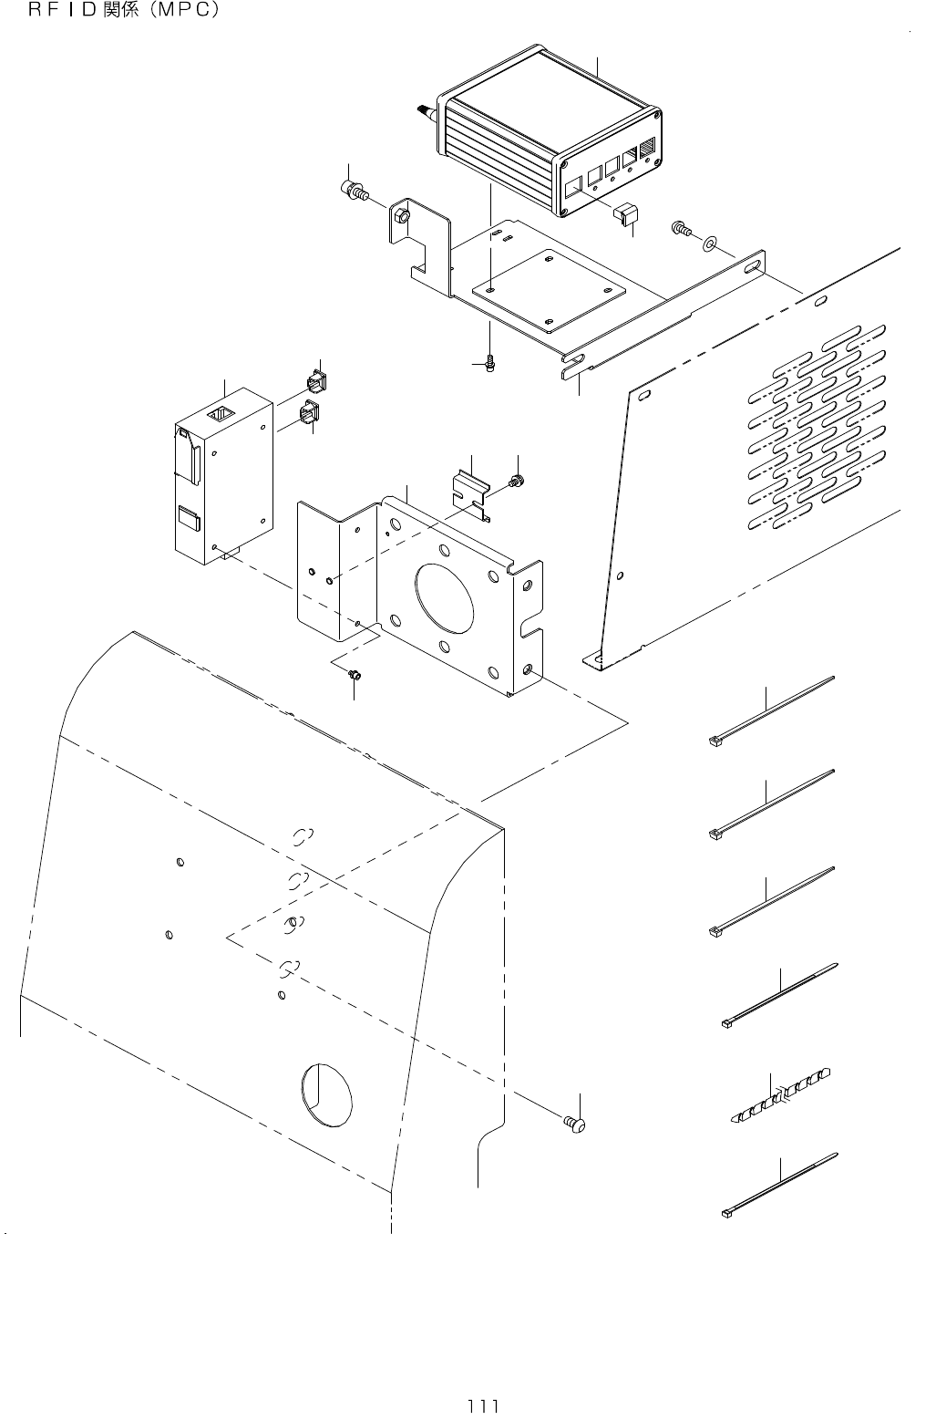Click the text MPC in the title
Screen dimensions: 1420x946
[180, 12]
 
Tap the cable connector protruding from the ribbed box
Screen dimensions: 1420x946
[424, 111]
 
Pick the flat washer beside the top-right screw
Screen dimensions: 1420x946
[709, 243]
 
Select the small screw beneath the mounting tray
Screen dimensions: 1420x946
[490, 364]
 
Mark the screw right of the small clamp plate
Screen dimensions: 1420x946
[518, 481]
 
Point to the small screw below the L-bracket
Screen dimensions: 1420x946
[356, 675]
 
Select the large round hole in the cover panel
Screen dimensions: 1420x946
[325, 1094]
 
